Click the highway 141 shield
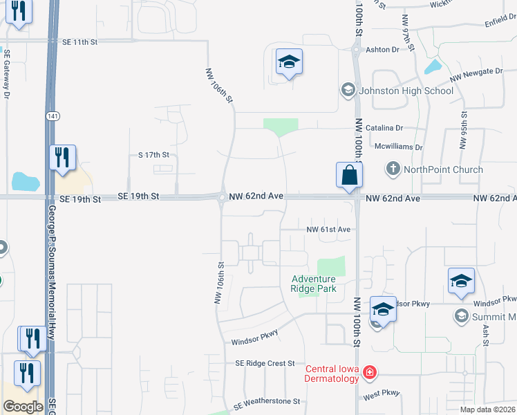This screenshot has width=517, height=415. point(53,116)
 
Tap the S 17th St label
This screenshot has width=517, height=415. point(153,155)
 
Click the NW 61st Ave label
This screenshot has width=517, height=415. point(328,229)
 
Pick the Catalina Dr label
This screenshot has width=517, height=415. point(384,128)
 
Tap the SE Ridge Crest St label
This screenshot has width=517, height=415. point(265,363)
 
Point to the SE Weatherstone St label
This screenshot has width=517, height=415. point(267,401)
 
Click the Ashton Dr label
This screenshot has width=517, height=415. point(383,50)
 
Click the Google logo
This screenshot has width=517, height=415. point(23,407)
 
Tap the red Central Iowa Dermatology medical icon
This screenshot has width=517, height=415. point(370,373)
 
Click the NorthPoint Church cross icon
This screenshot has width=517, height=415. point(393,169)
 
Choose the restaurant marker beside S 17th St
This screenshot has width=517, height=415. point(62,158)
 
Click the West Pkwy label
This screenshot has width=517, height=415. point(382,394)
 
